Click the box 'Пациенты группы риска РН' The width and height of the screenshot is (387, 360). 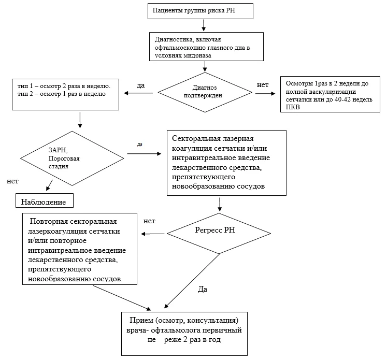pyautogui.click(x=200, y=11)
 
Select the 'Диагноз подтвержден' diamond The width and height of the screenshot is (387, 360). pyautogui.click(x=205, y=92)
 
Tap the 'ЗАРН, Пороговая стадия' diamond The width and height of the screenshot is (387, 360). pyautogui.click(x=72, y=159)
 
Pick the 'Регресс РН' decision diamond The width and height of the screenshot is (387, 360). pyautogui.click(x=219, y=234)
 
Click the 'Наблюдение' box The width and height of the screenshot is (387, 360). pyautogui.click(x=45, y=200)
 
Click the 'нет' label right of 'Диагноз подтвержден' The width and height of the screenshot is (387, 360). pyautogui.click(x=263, y=85)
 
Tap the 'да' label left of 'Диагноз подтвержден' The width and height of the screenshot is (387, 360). pyautogui.click(x=141, y=85)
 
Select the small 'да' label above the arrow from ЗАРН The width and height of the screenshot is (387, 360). pyautogui.click(x=140, y=144)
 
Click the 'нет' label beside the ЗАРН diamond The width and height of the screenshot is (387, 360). pyautogui.click(x=12, y=181)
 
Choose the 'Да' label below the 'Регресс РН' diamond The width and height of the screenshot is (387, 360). pyautogui.click(x=203, y=289)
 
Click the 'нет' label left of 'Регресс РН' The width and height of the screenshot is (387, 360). pyautogui.click(x=149, y=221)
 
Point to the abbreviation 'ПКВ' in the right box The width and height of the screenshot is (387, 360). pyautogui.click(x=293, y=107)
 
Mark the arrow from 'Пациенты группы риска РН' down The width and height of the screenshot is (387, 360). pyautogui.click(x=204, y=25)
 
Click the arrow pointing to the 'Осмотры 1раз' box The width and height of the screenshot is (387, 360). pyautogui.click(x=265, y=94)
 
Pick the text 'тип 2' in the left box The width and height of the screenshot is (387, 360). pyautogui.click(x=25, y=94)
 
